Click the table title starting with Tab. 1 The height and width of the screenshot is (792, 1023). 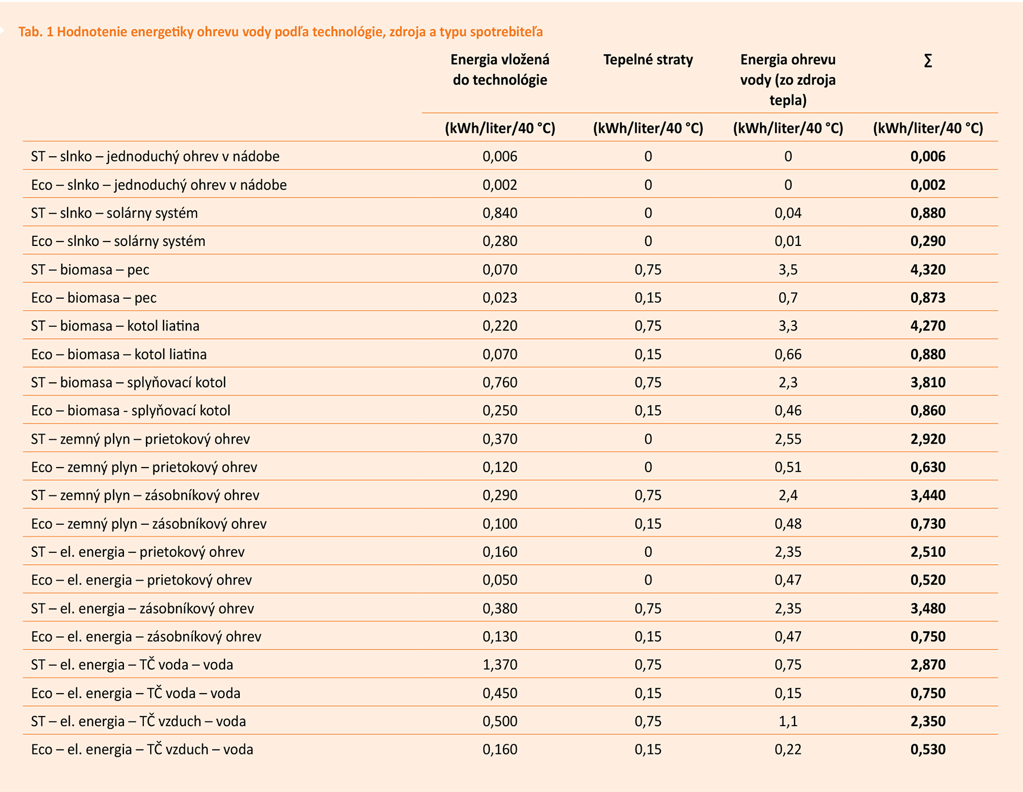click(x=280, y=32)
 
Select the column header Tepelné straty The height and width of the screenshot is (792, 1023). click(x=648, y=60)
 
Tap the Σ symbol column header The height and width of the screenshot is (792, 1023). click(x=928, y=61)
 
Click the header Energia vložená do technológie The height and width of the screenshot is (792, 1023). click(x=500, y=70)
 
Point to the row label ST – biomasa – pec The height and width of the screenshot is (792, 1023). click(x=90, y=269)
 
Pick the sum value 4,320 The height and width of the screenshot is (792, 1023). click(x=928, y=269)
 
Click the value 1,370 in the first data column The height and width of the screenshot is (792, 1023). click(x=500, y=665)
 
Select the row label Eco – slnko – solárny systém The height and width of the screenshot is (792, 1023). click(x=118, y=241)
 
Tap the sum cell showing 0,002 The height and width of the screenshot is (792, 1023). click(x=928, y=185)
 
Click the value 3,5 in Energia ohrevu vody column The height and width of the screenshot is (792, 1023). click(x=788, y=269)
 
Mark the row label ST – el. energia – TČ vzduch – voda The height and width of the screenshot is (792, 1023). click(x=138, y=721)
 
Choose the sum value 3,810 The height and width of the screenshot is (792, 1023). click(x=928, y=382)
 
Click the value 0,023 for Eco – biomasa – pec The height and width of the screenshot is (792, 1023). click(x=500, y=298)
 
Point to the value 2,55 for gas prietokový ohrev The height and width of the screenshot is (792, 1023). click(x=788, y=439)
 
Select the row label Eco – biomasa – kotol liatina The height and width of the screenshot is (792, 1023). click(x=119, y=354)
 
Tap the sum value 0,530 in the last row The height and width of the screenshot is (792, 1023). click(x=928, y=749)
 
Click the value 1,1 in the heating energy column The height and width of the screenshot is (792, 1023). click(x=788, y=721)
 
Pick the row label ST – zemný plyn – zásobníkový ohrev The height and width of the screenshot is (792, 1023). click(x=145, y=495)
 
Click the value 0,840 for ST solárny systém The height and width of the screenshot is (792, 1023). click(x=500, y=213)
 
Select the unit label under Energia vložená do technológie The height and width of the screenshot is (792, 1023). click(x=500, y=128)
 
